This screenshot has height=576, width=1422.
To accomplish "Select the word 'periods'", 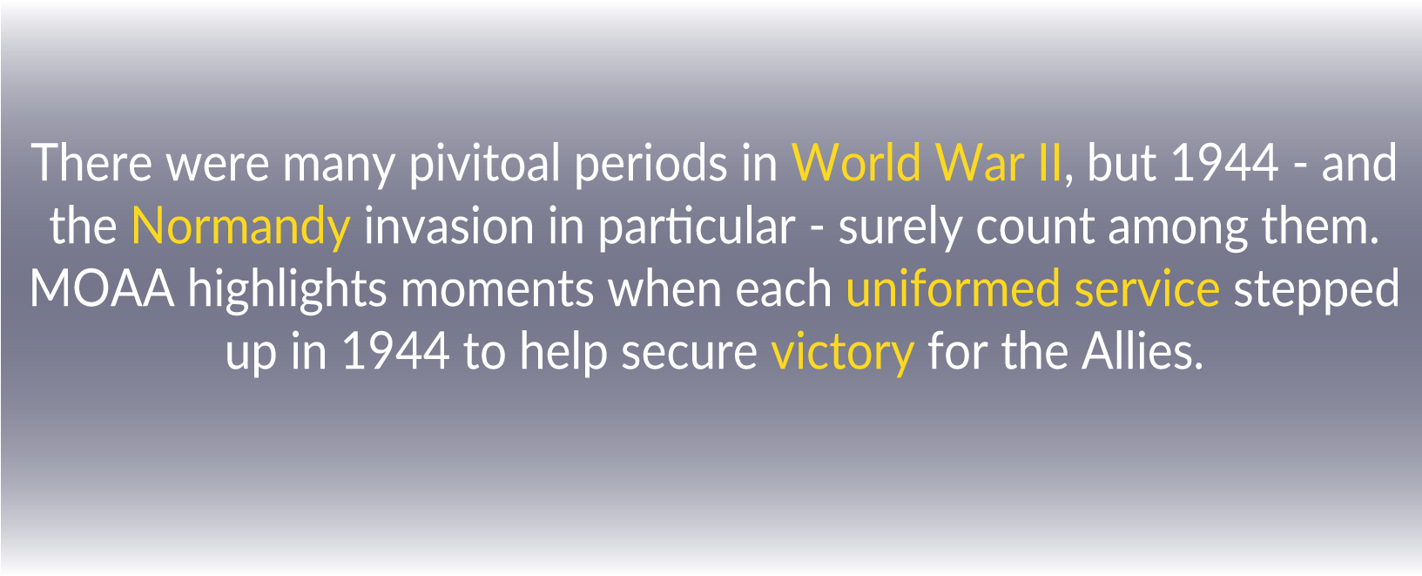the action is click(650, 165).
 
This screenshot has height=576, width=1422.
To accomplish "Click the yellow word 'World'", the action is click(856, 162).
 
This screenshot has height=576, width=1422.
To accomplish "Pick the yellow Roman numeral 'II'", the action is click(1049, 163).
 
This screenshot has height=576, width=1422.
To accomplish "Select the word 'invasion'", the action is click(448, 226).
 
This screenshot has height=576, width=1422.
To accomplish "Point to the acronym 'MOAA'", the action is click(102, 289).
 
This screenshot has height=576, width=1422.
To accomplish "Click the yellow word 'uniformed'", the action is click(953, 288).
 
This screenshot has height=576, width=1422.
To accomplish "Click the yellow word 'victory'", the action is click(842, 353).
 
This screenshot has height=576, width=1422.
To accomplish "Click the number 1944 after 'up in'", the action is click(396, 351).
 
